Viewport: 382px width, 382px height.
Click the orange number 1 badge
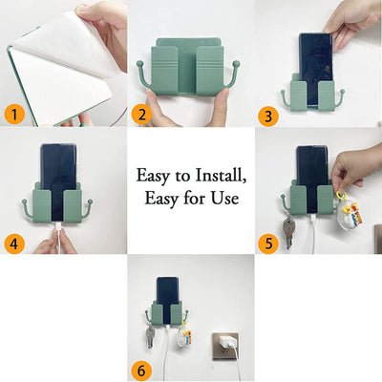click(15, 115)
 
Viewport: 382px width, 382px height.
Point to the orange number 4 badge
click(15, 243)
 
